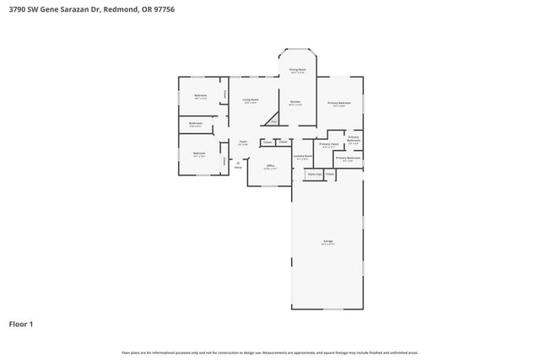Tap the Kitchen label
pos(295,103)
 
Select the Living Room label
pos(251,100)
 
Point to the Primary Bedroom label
pos(339,104)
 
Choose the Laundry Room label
pos(303,157)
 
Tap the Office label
pos(270,166)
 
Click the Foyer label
pos(242,142)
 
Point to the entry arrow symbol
pos(238,162)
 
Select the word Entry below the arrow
pos(238,168)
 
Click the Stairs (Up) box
pos(314,174)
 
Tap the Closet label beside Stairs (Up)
pos(329,174)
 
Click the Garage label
pos(327,243)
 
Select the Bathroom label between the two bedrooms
pos(196,124)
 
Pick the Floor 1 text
pos(22,323)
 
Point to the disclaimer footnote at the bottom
pos(269,352)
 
